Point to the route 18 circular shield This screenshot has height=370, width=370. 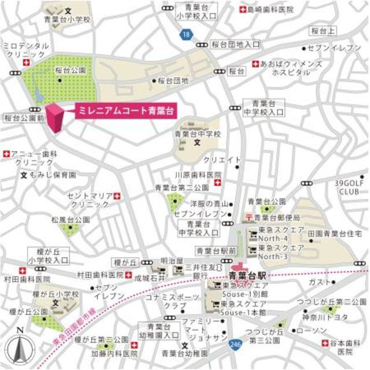184,36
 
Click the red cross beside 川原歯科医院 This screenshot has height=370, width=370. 217,183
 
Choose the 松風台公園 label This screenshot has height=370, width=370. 70,220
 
